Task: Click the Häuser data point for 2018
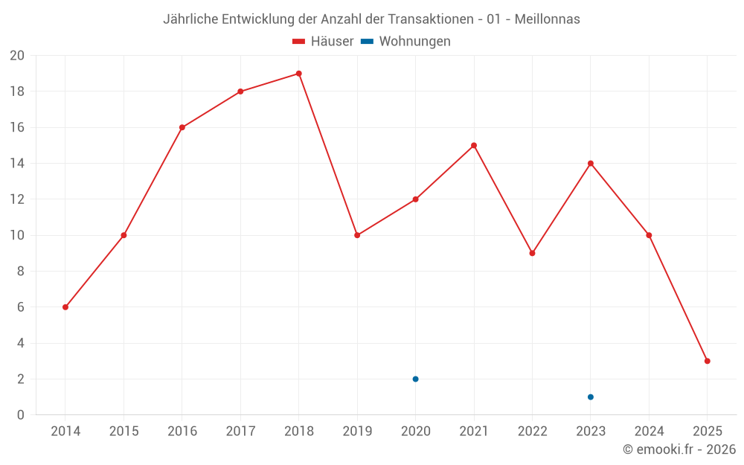(x=298, y=74)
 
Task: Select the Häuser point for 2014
(x=65, y=307)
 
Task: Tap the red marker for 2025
(x=707, y=361)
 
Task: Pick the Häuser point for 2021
(x=474, y=145)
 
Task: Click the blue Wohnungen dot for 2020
(x=415, y=379)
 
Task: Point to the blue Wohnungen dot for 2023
(x=591, y=397)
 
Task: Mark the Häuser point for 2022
(x=532, y=253)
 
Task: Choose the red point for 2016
(x=182, y=127)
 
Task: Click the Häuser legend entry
(x=323, y=42)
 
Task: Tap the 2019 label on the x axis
(x=357, y=432)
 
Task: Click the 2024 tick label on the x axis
(x=649, y=432)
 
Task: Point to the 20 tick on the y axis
(x=17, y=56)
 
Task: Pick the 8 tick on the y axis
(x=21, y=272)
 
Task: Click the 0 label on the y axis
(x=21, y=415)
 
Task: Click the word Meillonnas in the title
(x=547, y=19)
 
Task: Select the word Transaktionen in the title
(x=430, y=19)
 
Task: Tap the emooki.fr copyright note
(x=679, y=449)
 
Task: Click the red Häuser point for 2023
(x=591, y=164)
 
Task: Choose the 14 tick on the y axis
(x=17, y=164)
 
